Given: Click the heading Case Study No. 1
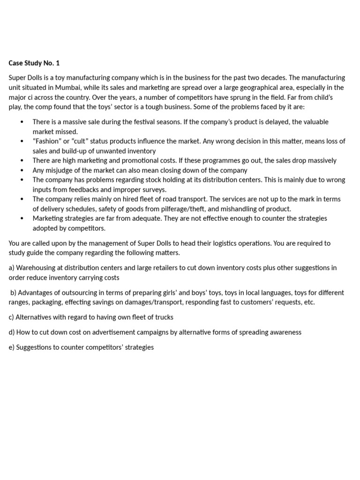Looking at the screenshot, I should click(34, 63).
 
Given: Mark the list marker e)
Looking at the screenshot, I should click(12, 347).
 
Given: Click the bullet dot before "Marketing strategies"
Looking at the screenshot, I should click(22, 218).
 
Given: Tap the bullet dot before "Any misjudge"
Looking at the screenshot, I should click(22, 170).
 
